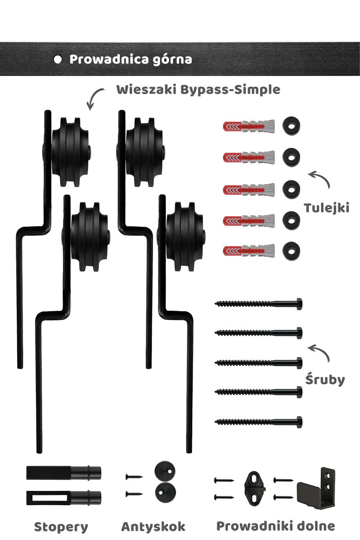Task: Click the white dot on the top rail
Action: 58,59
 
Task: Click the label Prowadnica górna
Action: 130,59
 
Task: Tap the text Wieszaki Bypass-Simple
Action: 198,90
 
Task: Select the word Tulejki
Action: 326,208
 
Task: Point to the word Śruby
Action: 325,380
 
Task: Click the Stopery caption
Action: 61,527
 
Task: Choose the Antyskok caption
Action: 153,527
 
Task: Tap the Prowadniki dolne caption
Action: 275,526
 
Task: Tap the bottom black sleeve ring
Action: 291,250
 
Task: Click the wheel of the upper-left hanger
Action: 70,152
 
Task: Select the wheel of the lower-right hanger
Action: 184,236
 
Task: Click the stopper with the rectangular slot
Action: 63,497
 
